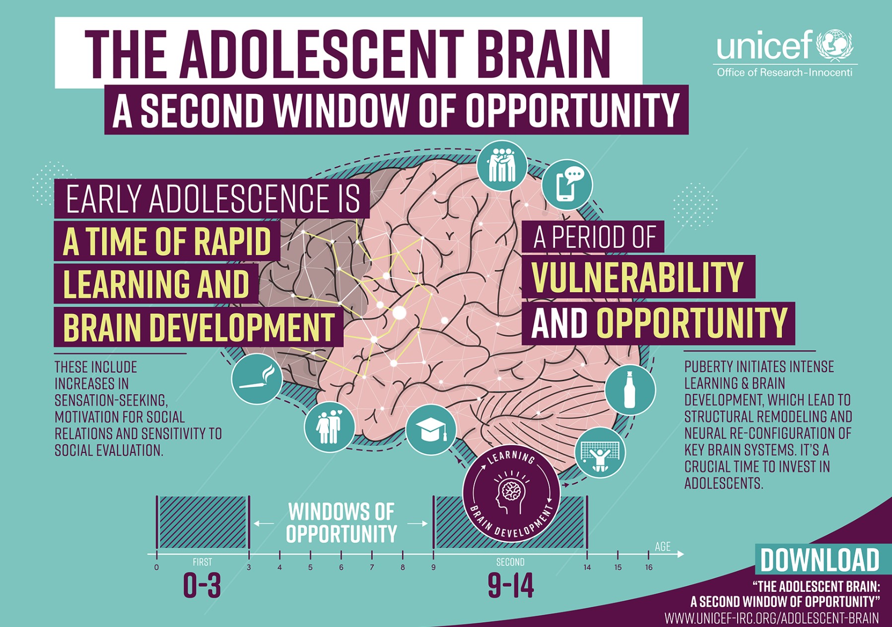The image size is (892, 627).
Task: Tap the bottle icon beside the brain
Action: pos(630,390)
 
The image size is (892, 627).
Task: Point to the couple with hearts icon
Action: pos(330,426)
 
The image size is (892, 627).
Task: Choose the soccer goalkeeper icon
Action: pos(600,453)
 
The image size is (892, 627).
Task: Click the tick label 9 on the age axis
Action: pos(433,567)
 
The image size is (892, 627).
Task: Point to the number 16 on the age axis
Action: pos(649,567)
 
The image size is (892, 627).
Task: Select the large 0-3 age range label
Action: pos(202,585)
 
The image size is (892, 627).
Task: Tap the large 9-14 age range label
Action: pos(511,585)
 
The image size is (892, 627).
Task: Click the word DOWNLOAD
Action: pos(820,561)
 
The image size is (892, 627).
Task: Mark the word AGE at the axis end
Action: pos(663,547)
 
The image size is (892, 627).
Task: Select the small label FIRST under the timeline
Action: pos(202,562)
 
